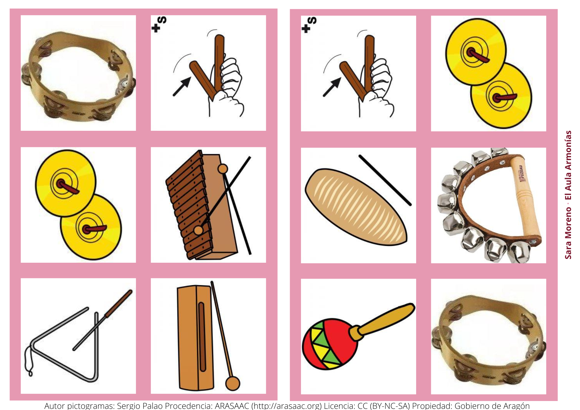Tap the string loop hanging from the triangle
pyautogui.click(x=28, y=362)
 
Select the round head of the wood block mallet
pyautogui.click(x=233, y=383)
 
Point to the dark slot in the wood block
pyautogui.click(x=202, y=336)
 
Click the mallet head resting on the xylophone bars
pyautogui.click(x=199, y=230)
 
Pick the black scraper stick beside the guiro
pyautogui.click(x=385, y=180)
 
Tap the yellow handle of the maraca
pyautogui.click(x=386, y=319)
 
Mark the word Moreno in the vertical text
pyautogui.click(x=568, y=222)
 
